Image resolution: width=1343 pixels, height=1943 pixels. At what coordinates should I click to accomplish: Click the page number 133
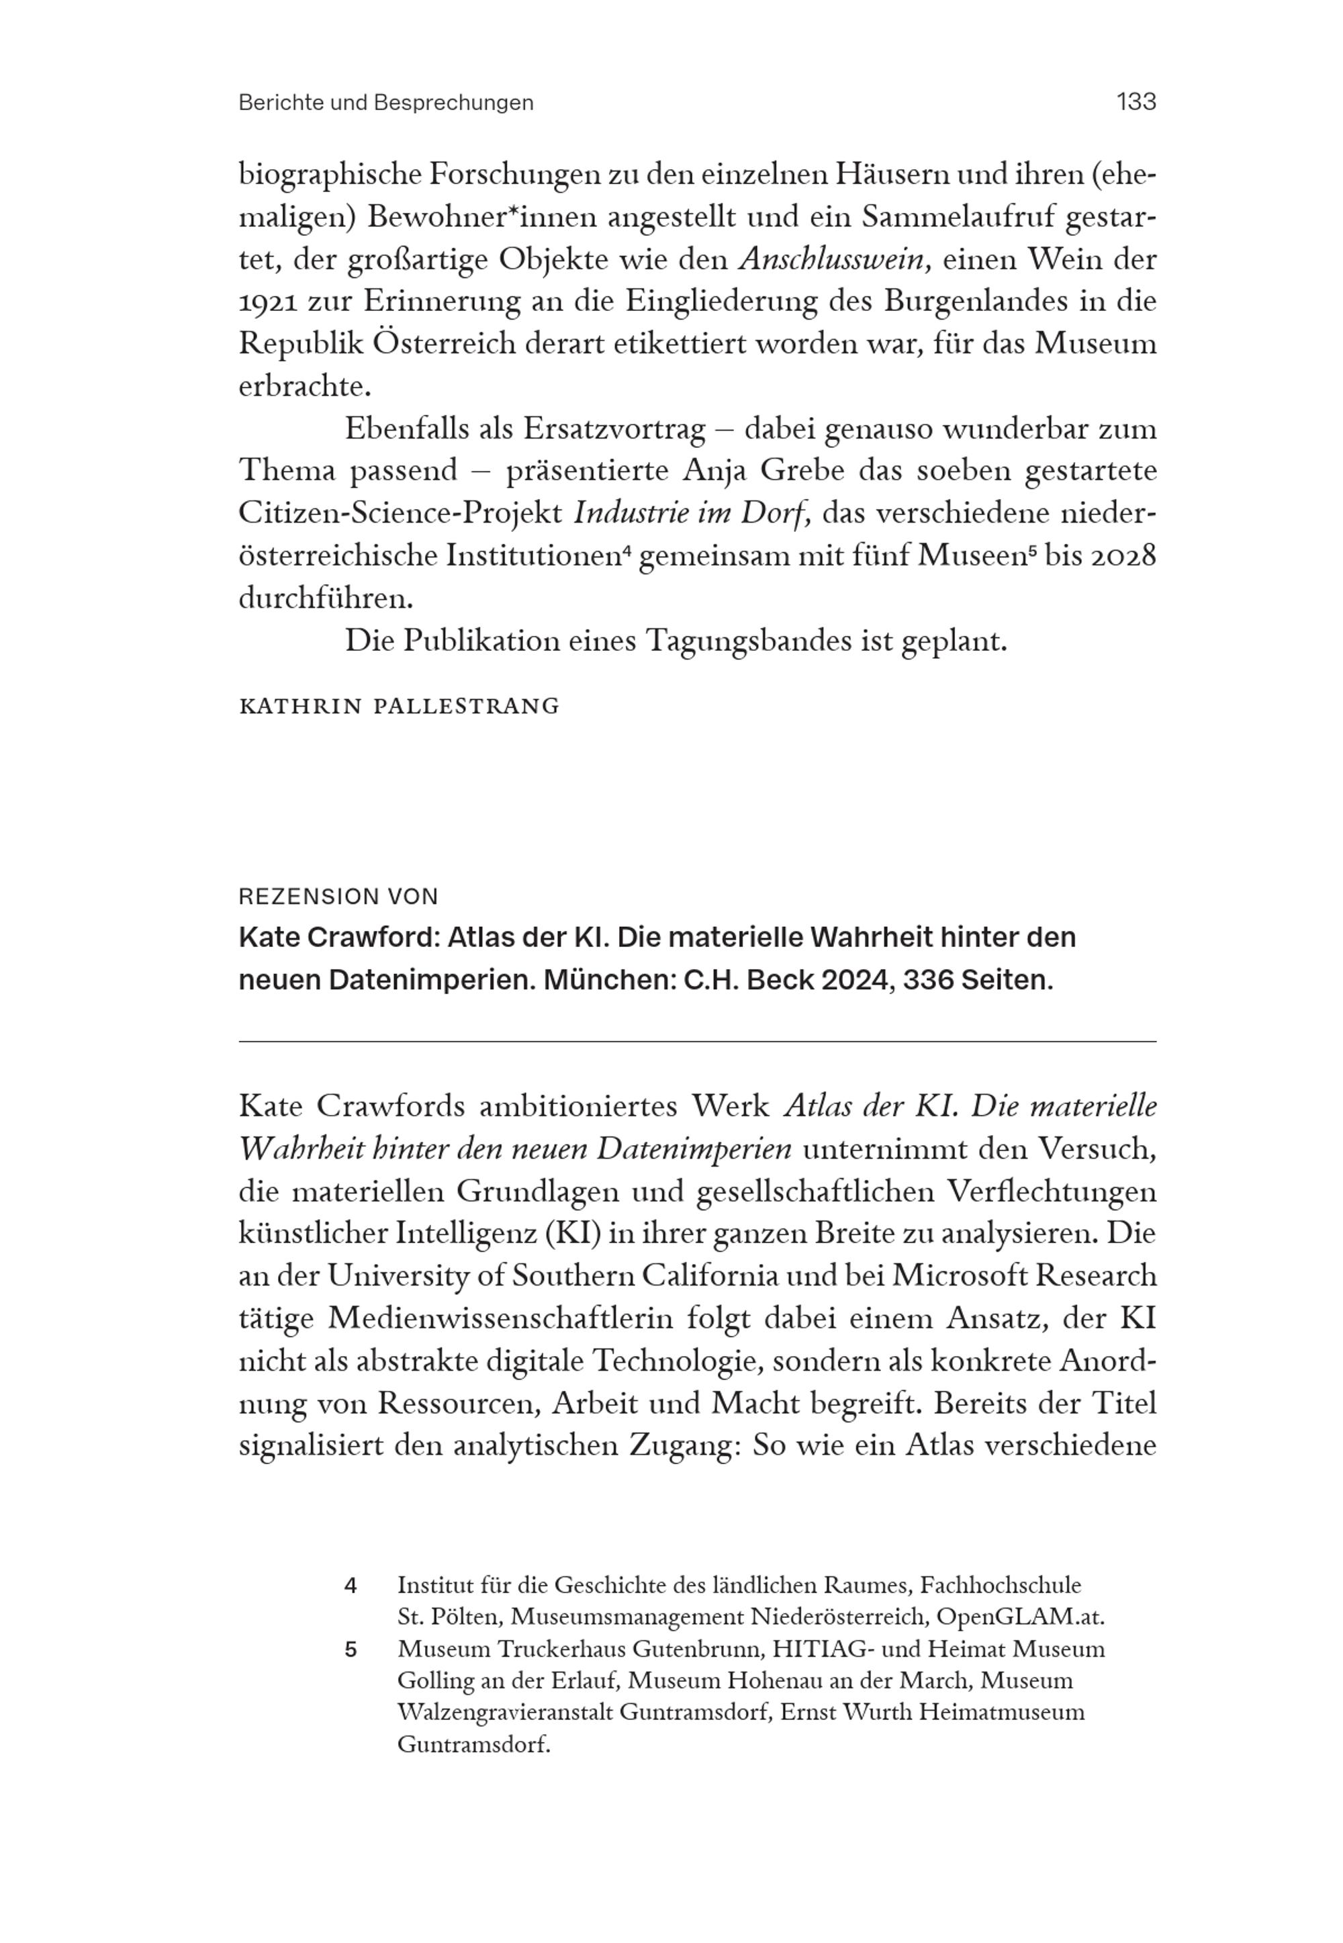[x=1136, y=102]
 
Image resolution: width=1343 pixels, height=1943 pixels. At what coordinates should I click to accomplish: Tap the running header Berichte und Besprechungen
[x=386, y=103]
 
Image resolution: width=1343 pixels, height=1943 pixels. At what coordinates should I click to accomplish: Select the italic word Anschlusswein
[x=834, y=259]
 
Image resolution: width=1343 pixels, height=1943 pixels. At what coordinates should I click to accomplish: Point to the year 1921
[x=267, y=302]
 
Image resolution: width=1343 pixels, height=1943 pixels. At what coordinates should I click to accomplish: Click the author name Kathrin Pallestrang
[x=399, y=706]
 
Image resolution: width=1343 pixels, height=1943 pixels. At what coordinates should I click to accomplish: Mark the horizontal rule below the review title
[x=697, y=1042]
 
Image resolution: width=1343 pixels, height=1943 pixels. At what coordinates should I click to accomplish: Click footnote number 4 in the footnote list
[x=351, y=1586]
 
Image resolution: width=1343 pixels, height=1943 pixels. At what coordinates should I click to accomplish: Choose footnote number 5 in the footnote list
[x=351, y=1650]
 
